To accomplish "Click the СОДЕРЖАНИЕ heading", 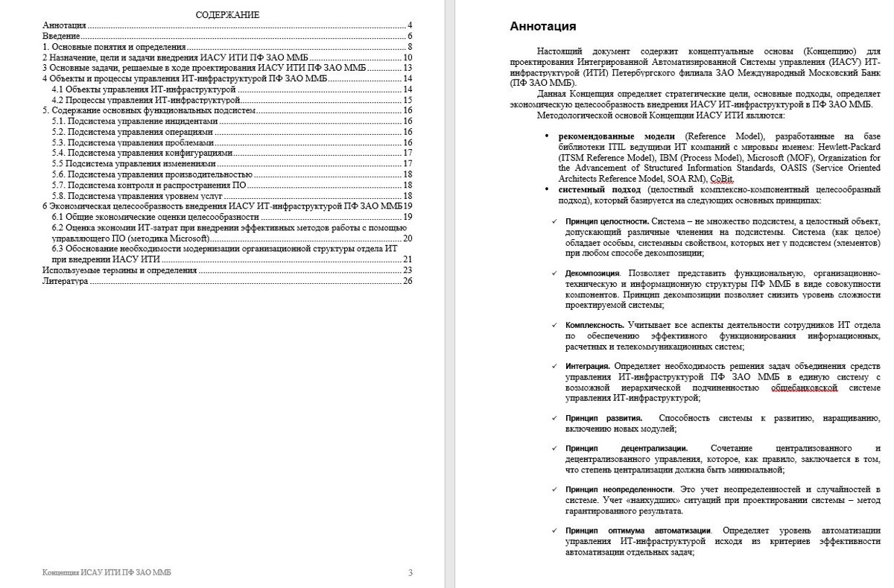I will pos(227,15).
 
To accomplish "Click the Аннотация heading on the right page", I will pos(542,27).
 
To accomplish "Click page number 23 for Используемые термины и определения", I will pos(408,270).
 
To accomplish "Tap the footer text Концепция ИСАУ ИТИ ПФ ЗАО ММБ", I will pos(110,572).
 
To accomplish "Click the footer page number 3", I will pos(410,572).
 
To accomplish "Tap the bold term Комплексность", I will pos(595,326).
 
